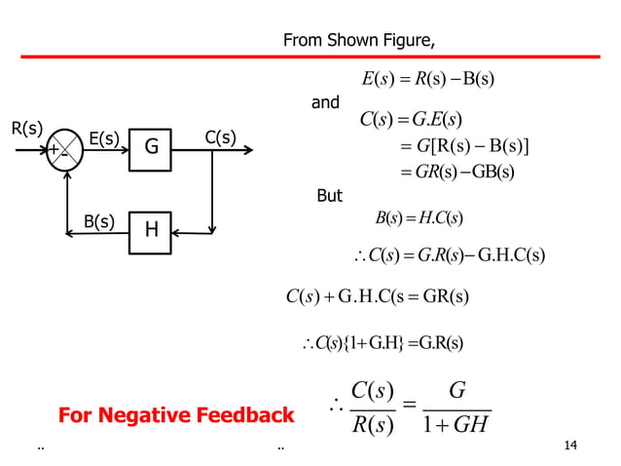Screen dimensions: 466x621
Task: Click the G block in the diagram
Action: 152,148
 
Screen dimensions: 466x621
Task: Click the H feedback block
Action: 152,231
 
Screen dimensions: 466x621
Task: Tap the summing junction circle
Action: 64,150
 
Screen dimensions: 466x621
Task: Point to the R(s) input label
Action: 26,128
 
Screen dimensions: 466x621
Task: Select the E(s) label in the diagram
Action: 104,139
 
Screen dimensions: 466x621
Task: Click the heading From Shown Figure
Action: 358,40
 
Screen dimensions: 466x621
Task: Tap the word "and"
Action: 325,102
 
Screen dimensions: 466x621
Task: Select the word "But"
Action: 330,196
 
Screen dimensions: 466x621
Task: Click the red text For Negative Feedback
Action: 176,416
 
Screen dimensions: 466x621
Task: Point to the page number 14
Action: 571,447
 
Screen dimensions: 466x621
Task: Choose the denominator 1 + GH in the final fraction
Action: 456,426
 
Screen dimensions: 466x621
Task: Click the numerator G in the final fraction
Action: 457,391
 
